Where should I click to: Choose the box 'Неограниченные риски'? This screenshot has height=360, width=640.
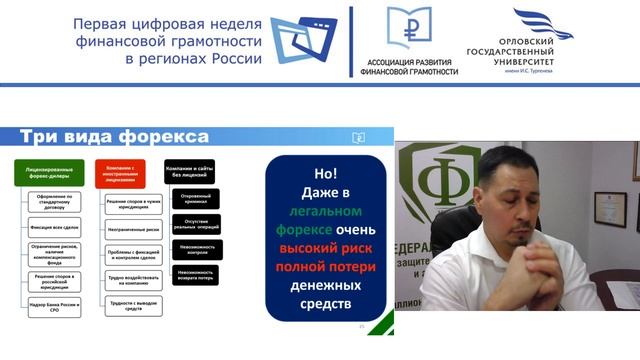click(x=132, y=229)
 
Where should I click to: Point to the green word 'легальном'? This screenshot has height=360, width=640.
click(x=326, y=211)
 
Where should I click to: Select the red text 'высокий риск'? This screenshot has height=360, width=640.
click(x=326, y=250)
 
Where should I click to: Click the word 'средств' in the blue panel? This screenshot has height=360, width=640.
click(x=326, y=305)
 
